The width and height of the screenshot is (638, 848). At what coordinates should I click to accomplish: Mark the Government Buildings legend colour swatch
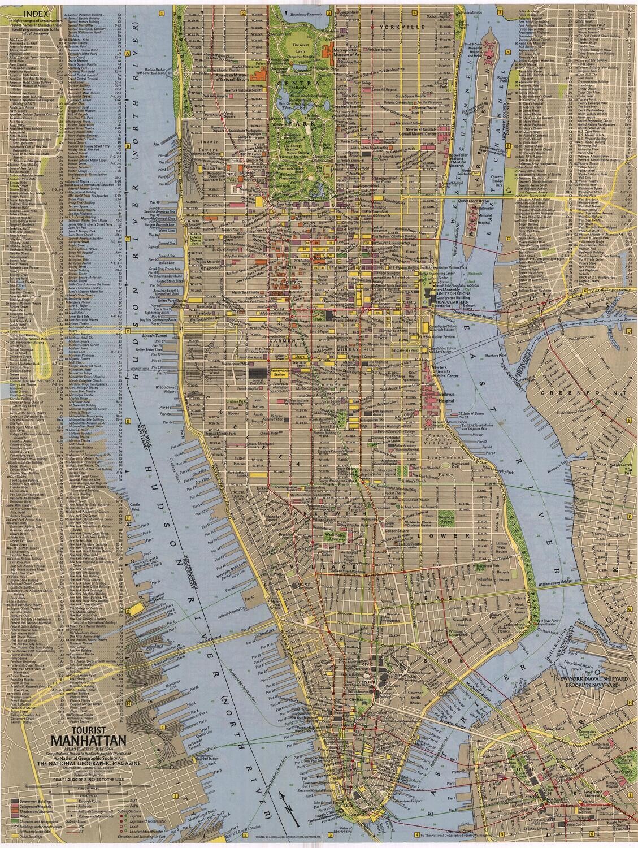coord(14,801)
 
